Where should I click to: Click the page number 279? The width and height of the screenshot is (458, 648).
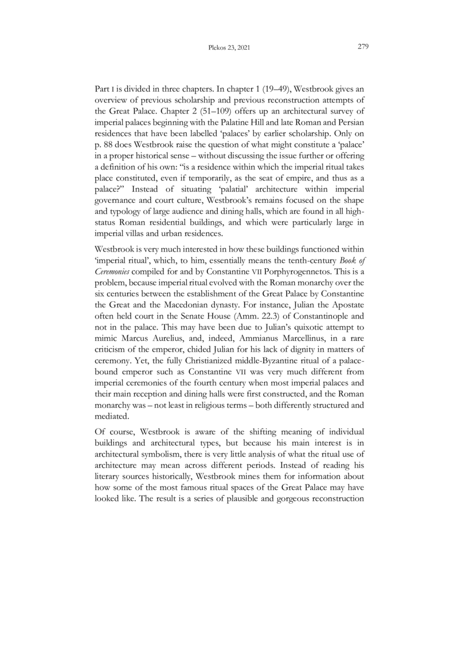point(362,47)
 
